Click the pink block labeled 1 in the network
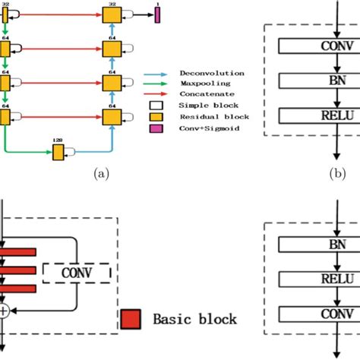tap(157, 14)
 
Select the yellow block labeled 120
tap(58, 153)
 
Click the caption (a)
tap(100, 174)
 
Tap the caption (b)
tap(339, 173)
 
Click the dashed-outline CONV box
tap(77, 272)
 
